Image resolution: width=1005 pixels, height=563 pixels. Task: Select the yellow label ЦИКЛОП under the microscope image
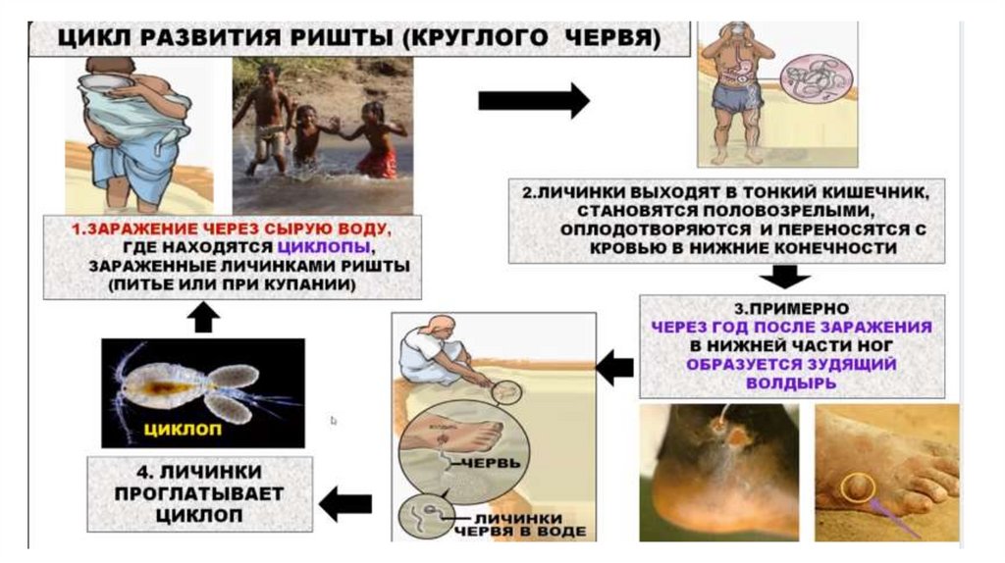tap(182, 429)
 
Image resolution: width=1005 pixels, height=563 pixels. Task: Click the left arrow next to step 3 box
tap(615, 368)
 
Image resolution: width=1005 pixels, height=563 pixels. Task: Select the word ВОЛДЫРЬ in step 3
tap(791, 383)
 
